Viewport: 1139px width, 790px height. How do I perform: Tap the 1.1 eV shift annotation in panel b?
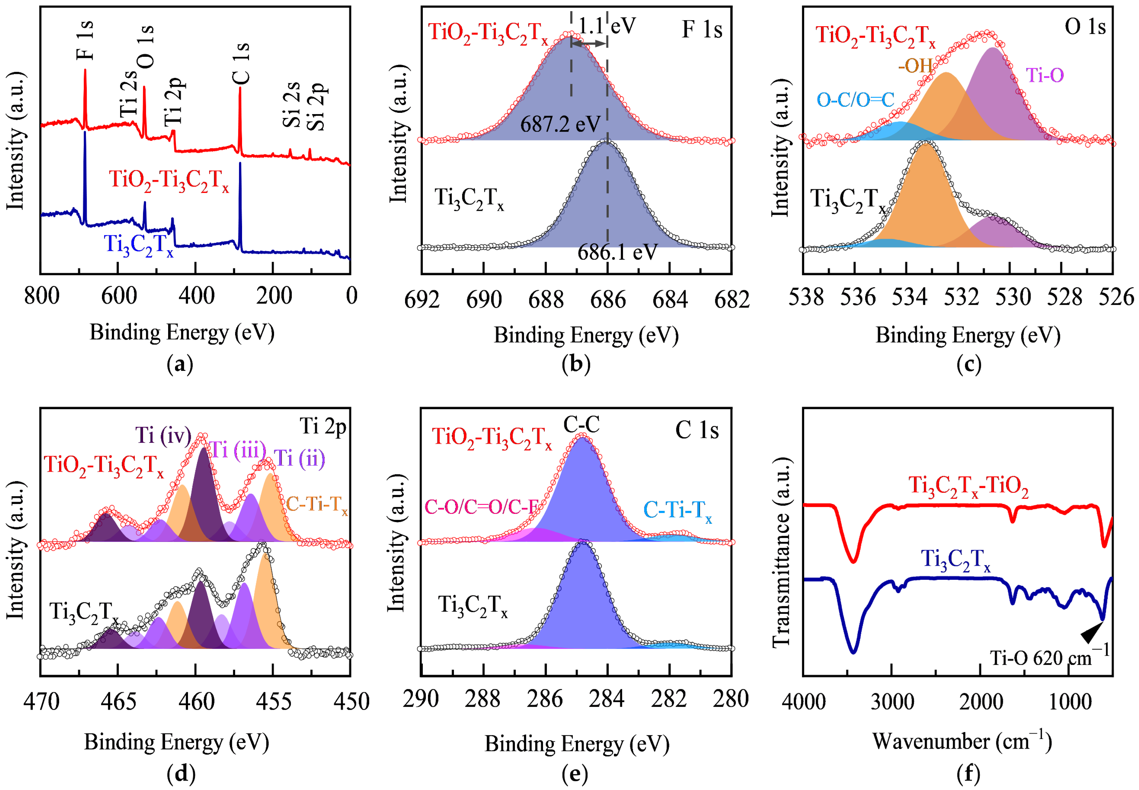(606, 25)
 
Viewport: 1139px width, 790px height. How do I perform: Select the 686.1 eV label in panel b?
(617, 253)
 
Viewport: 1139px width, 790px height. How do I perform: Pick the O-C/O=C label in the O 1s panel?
(855, 100)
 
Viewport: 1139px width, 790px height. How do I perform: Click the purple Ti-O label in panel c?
(1045, 75)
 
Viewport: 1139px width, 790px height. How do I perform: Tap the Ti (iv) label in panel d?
(163, 435)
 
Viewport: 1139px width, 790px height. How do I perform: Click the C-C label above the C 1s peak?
(581, 424)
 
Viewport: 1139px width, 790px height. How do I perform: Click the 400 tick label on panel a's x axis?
(196, 296)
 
